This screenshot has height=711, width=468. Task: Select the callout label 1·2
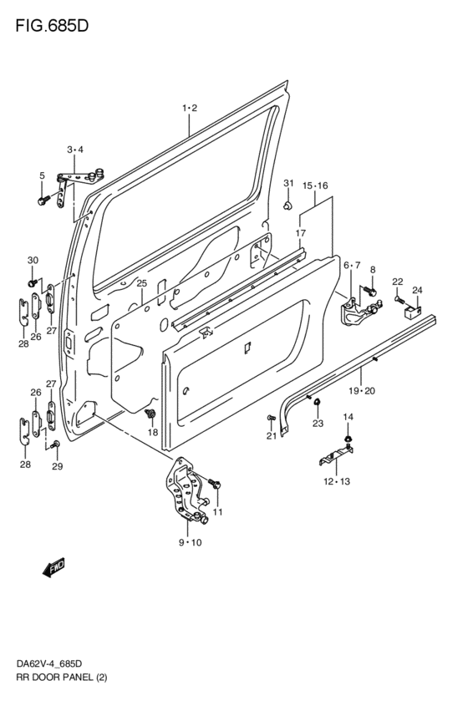point(189,108)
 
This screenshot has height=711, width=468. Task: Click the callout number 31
point(288,183)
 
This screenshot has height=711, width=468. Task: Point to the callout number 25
point(141,284)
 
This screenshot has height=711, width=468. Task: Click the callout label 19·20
point(362,391)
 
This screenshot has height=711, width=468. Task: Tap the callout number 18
point(152,432)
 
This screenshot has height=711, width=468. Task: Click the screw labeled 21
point(270,417)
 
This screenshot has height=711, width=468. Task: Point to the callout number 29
point(57,466)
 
